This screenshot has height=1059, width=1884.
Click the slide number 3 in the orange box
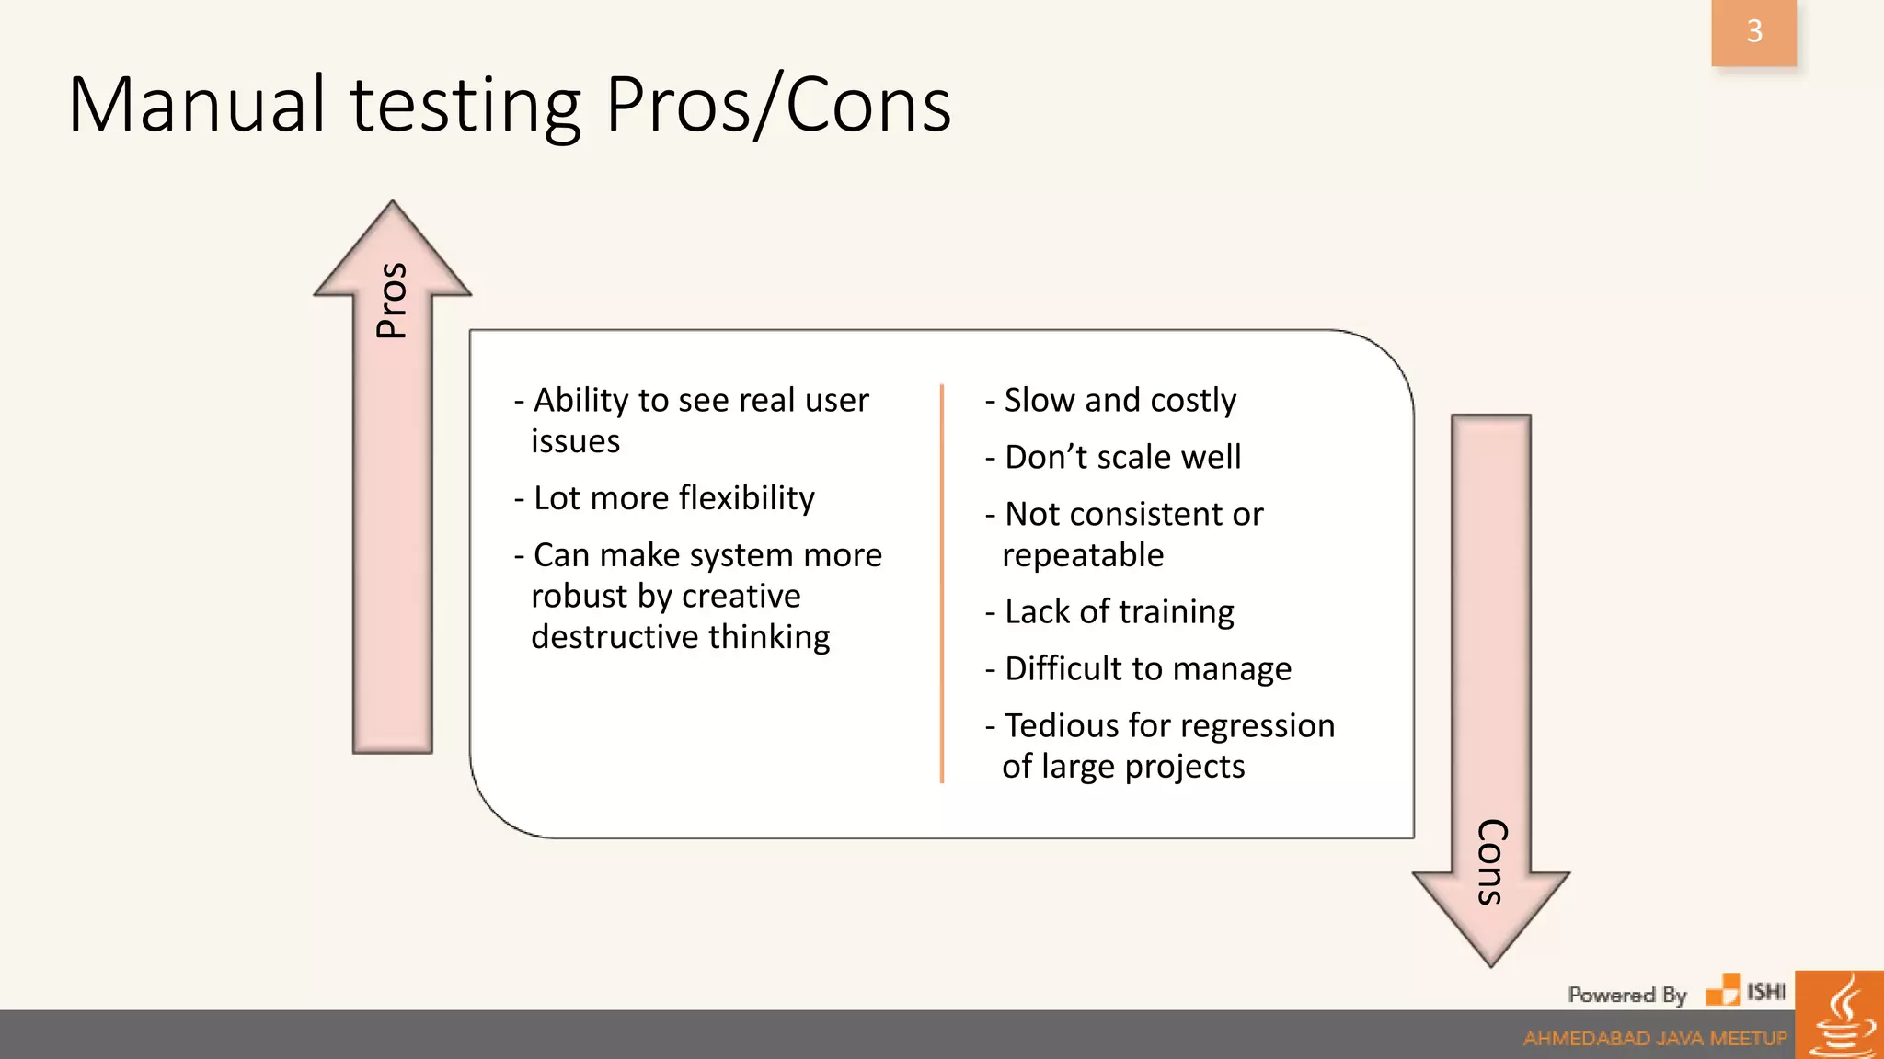coord(1753,32)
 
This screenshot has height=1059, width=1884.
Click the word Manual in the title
coord(196,106)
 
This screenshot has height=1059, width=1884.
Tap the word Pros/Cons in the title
coord(777,106)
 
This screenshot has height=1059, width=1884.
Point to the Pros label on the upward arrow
coord(392,301)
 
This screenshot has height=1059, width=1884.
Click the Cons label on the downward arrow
coord(1491,861)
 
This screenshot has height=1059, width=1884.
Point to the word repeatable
coord(1083,555)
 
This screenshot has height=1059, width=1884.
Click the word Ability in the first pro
coord(580,401)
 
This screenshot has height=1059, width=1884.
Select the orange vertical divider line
coord(942,584)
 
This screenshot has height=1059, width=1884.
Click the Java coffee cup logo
coord(1839,1016)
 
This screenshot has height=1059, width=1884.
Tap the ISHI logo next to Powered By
coord(1745,991)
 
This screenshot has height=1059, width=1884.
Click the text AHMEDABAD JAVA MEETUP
coord(1654,1039)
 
